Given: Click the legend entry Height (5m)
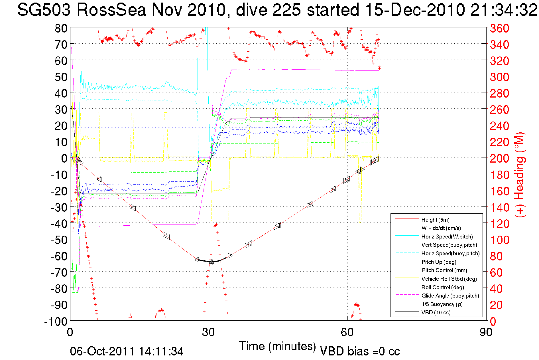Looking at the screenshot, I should click(435, 220).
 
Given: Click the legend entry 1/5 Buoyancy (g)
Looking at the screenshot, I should click(442, 304).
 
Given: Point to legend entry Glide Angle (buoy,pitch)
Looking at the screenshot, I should click(450, 296).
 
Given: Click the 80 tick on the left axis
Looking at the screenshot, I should click(61, 28).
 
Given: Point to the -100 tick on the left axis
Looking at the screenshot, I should click(56, 321).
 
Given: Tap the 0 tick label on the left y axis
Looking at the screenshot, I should click(64, 158).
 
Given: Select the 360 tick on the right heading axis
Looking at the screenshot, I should click(499, 28).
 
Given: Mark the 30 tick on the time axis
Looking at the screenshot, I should click(208, 332).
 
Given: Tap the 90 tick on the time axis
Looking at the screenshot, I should click(486, 332).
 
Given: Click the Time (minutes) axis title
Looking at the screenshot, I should click(277, 346).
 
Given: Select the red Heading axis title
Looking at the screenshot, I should click(519, 175).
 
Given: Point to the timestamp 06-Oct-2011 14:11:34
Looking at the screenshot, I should click(127, 351).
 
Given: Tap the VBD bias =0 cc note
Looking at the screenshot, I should click(360, 351).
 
